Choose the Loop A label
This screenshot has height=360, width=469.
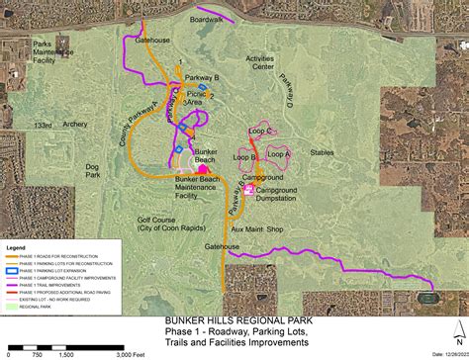point(281,153)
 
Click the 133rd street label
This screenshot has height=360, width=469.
point(40,126)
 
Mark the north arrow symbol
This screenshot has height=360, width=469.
point(446,332)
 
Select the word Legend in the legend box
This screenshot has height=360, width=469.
point(16,247)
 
